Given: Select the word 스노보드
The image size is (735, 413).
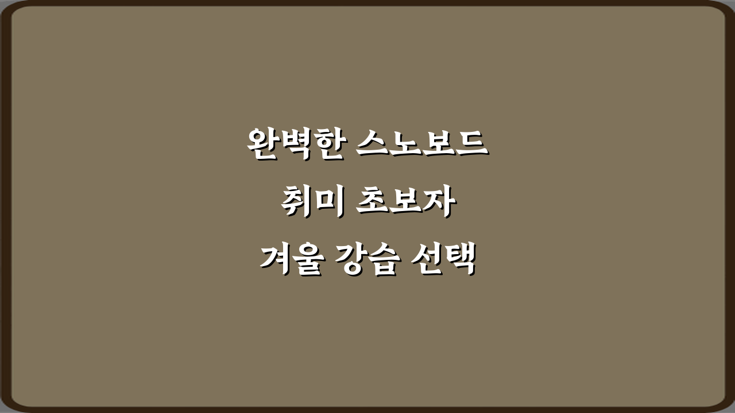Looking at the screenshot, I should click(x=421, y=145).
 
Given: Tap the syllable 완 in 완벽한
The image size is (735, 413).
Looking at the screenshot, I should click(x=263, y=145).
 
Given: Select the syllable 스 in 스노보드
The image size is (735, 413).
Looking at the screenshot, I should click(x=373, y=145).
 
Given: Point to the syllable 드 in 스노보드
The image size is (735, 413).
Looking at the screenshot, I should click(x=471, y=145).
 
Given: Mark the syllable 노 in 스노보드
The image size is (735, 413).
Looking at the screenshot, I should click(x=405, y=145).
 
